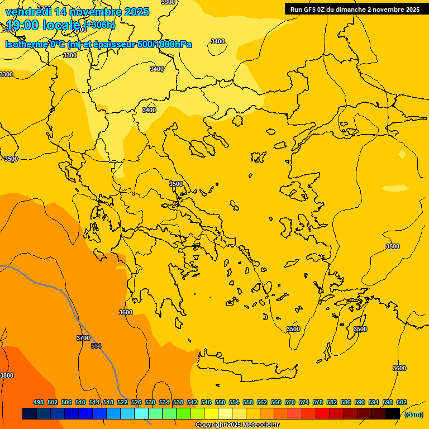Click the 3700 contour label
click(83, 338)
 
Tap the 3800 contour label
click(7, 375)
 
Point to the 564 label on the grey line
click(96, 346)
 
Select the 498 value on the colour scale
click(39, 402)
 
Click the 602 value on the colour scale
click(402, 402)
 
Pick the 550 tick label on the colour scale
click(220, 402)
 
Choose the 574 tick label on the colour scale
click(304, 402)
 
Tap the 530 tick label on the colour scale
click(150, 402)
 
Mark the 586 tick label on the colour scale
click(346, 402)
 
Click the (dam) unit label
click(413, 414)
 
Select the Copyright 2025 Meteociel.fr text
click(237, 425)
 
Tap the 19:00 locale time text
click(43, 25)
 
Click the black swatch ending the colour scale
click(393, 414)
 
